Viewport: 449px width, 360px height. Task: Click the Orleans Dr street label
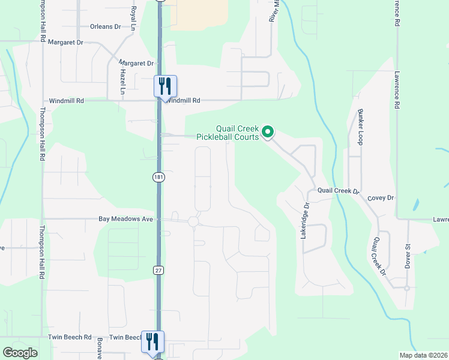[x=105, y=27]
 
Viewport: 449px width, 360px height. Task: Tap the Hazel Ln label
[x=122, y=80]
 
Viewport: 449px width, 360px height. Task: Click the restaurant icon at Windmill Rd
[x=165, y=86]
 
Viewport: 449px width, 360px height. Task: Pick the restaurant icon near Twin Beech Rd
[x=152, y=341]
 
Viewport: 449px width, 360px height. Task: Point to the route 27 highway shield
[x=158, y=271]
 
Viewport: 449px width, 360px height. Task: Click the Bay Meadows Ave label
[x=126, y=220]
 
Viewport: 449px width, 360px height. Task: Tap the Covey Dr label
[x=381, y=197]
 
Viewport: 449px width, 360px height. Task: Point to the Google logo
[x=20, y=352]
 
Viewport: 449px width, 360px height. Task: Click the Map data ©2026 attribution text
[x=423, y=355]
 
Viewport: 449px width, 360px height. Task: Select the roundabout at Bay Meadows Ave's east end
[x=193, y=222]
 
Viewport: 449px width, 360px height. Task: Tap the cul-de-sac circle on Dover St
[x=406, y=288]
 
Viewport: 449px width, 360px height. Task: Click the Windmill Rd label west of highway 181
[x=66, y=101]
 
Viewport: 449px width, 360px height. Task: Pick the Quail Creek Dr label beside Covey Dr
[x=338, y=191]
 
